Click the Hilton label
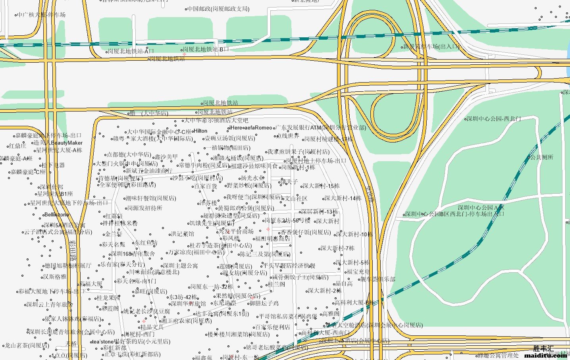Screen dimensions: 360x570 [200, 131]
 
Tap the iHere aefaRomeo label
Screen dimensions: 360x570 [251, 128]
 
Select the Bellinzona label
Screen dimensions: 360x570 [57, 215]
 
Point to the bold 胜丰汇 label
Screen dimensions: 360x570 [543, 348]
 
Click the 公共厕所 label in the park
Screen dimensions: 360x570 [542, 158]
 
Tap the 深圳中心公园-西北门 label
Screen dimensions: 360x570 [494, 119]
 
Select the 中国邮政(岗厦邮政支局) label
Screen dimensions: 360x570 [218, 9]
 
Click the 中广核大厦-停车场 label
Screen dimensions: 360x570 [41, 15]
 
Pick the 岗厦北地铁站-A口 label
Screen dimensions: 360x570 [131, 51]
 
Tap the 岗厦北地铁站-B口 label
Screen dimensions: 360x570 [206, 49]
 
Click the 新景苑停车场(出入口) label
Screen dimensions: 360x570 [431, 46]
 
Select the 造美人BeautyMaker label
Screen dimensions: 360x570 [58, 143]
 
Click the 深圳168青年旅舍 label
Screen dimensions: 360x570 [133, 254]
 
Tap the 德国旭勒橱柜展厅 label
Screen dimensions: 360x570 [68, 266]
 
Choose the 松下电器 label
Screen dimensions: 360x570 [53, 165]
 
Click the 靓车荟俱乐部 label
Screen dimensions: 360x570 [377, 279]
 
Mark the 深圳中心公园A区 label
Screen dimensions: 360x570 [481, 208]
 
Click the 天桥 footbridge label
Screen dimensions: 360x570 [71, 344]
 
